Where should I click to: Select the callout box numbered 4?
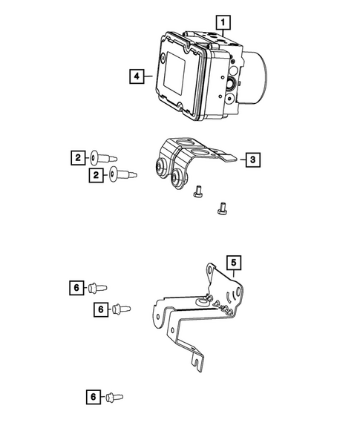coord(136,75)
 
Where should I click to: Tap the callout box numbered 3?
coord(252,159)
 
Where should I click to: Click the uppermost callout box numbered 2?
coord(77,157)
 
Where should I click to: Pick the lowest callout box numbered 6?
coord(92,398)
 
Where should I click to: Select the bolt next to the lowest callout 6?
coord(114,398)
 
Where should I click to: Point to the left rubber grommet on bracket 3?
coord(161,167)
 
